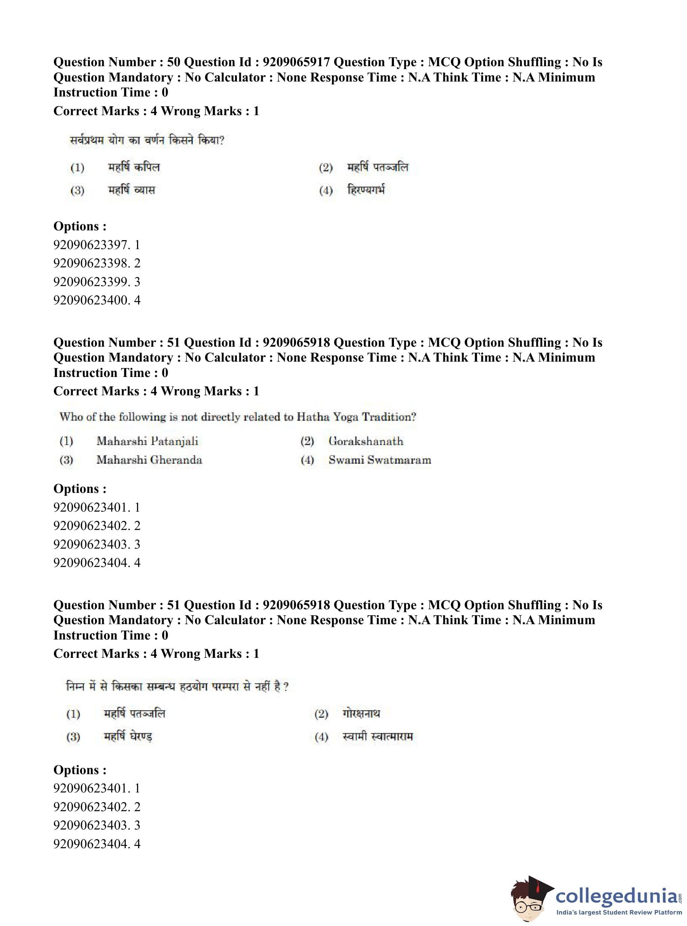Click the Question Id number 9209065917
coord(296,62)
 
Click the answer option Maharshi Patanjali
coord(147,441)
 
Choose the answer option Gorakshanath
coord(366,441)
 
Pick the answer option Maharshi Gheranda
coord(149,460)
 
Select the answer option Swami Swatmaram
coord(379,460)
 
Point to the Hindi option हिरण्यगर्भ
coord(366,190)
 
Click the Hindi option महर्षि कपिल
coord(134,167)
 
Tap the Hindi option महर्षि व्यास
coord(131,190)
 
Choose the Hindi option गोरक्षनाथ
coord(361,713)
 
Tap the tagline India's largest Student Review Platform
coord(619,912)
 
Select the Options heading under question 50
coord(80,226)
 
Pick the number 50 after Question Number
coord(173,62)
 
